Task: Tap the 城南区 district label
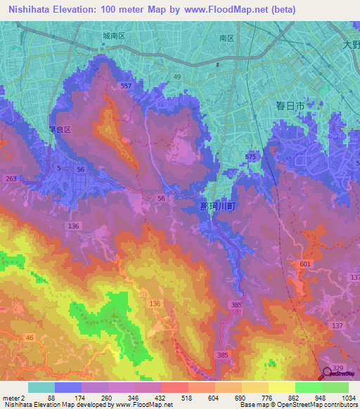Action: (x=113, y=35)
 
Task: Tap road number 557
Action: (x=126, y=86)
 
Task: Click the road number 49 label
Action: (x=176, y=77)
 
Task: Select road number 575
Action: (x=251, y=157)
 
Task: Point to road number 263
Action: (x=11, y=179)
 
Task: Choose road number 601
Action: (x=304, y=264)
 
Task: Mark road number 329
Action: (x=338, y=369)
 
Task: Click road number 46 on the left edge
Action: (x=29, y=338)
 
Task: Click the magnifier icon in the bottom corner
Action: (x=328, y=373)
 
